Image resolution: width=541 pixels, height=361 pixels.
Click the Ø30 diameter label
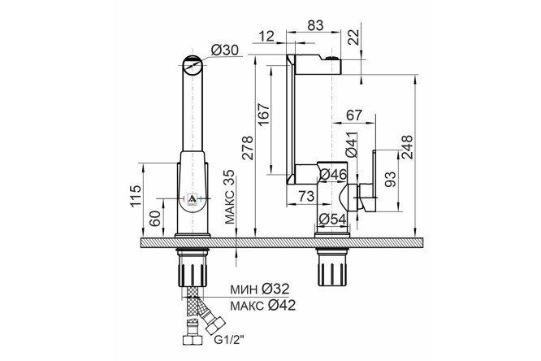click(225, 50)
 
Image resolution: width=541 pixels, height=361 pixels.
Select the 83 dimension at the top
click(315, 25)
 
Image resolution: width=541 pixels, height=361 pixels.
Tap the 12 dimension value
click(266, 36)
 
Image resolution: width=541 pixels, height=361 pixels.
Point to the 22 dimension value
click(353, 37)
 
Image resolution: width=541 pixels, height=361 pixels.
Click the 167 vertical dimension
click(265, 115)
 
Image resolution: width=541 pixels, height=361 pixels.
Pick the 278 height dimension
click(248, 148)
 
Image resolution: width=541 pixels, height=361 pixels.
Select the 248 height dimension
click(407, 147)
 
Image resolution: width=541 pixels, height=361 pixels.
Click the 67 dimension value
click(354, 115)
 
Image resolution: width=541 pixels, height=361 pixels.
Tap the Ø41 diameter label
click(352, 145)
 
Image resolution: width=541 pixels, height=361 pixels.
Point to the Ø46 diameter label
click(333, 175)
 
